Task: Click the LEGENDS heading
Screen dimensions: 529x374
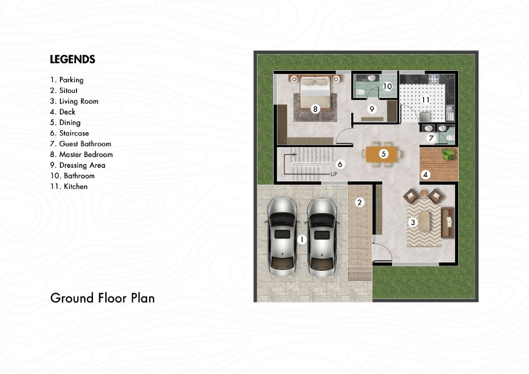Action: click(x=72, y=59)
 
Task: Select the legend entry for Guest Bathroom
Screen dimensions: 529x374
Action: click(x=81, y=144)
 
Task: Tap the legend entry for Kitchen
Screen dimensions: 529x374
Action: click(x=69, y=186)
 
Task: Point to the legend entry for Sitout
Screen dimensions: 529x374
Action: click(x=64, y=90)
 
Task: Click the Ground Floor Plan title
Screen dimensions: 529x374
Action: click(x=103, y=298)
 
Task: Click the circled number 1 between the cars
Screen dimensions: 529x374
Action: click(x=302, y=240)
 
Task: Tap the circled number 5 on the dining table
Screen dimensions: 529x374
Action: click(x=383, y=154)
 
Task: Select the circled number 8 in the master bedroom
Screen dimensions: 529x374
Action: click(x=315, y=108)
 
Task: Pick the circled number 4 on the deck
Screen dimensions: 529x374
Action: click(x=425, y=175)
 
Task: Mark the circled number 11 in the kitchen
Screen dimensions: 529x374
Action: click(x=426, y=100)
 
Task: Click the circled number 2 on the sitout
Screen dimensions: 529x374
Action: click(x=360, y=202)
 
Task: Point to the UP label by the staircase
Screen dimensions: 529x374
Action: click(x=334, y=175)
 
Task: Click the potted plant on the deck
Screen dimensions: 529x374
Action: click(x=448, y=154)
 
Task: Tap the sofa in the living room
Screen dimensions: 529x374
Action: click(x=447, y=223)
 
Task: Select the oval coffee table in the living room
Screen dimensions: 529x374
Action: click(x=425, y=222)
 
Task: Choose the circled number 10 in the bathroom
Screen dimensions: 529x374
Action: click(x=387, y=86)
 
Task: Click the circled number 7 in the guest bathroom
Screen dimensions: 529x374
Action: click(x=431, y=138)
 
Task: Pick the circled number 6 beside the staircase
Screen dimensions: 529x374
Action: click(x=340, y=164)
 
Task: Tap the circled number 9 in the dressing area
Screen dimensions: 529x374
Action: click(x=372, y=109)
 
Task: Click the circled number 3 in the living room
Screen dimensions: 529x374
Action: click(x=412, y=222)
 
